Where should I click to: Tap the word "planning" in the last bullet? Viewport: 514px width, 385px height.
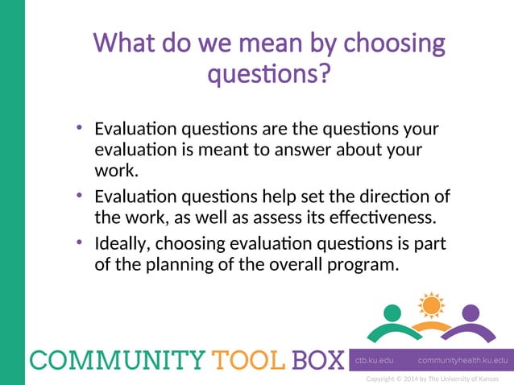pos(188,264)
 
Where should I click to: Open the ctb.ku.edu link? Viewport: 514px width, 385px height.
pos(374,360)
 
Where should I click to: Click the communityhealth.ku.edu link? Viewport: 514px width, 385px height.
pos(462,360)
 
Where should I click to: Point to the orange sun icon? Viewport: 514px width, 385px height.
pos(431,305)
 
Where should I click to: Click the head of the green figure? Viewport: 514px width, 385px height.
pos(392,312)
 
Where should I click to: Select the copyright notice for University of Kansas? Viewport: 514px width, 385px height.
pos(432,379)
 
